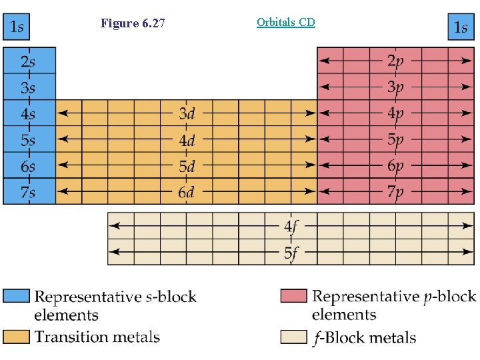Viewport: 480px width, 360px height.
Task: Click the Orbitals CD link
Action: click(285, 22)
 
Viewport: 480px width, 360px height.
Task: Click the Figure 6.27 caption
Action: click(133, 24)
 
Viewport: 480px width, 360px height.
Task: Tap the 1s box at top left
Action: click(16, 27)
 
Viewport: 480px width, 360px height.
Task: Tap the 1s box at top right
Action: click(460, 27)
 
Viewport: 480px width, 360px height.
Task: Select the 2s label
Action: click(28, 61)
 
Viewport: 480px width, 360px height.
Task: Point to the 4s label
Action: click(28, 113)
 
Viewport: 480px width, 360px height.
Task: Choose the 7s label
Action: click(28, 192)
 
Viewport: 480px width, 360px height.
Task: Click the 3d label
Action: click(187, 113)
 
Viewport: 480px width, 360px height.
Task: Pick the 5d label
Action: click(187, 166)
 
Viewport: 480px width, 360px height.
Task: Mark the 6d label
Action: click(187, 193)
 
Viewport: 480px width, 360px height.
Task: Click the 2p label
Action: click(395, 61)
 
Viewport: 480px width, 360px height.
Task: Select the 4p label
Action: click(395, 113)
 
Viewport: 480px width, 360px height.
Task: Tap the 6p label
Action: click(395, 166)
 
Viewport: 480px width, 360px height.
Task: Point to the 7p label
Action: click(395, 193)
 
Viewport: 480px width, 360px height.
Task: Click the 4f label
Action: click(291, 227)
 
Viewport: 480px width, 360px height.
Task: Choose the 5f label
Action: click(291, 253)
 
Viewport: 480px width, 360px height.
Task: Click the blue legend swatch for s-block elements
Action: click(16, 295)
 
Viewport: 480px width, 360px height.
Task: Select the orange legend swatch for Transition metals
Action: click(16, 337)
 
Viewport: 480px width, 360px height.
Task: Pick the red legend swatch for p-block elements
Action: click(293, 295)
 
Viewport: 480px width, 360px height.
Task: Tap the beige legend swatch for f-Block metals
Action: click(293, 337)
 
